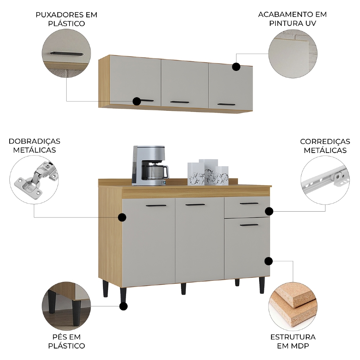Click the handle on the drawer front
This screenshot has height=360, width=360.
tap(249, 203)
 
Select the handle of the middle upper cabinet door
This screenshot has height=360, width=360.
tap(180, 102)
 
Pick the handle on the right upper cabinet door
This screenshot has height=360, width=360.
tap(226, 104)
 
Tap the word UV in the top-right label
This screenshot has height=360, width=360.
tap(311, 23)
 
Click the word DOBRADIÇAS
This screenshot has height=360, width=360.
tap(35, 141)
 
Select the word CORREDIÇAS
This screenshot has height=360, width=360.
tap(325, 141)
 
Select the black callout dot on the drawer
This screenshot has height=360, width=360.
tap(269, 211)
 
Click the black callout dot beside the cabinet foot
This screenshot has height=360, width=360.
tap(123, 306)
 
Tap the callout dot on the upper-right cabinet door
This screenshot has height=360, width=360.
tap(236, 67)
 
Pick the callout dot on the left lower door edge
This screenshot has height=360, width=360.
tap(122, 217)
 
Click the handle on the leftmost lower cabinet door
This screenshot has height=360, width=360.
tap(156, 206)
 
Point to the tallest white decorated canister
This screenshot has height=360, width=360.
tap(208, 172)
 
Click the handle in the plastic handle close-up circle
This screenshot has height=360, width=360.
tap(67, 54)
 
